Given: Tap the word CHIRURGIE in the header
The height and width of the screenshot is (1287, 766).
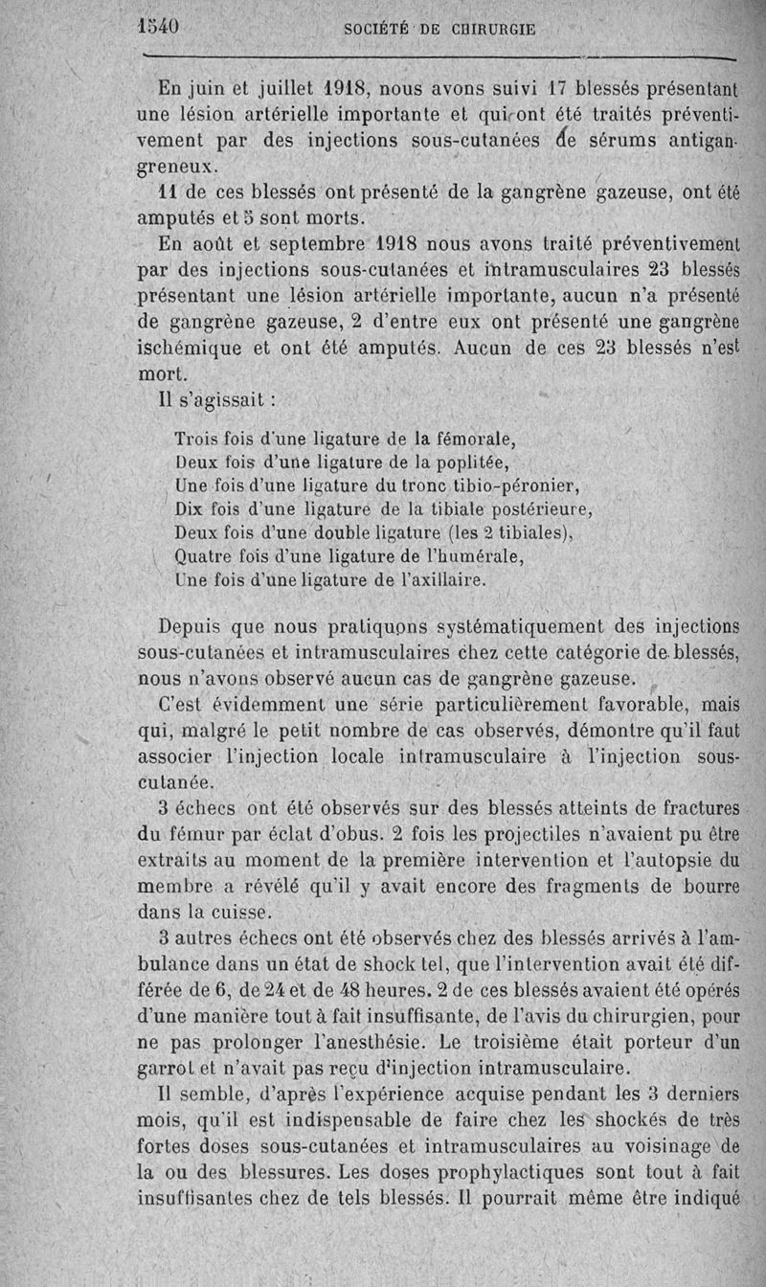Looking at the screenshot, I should [x=489, y=29].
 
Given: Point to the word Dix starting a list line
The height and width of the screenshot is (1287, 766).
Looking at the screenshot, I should [x=191, y=509].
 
